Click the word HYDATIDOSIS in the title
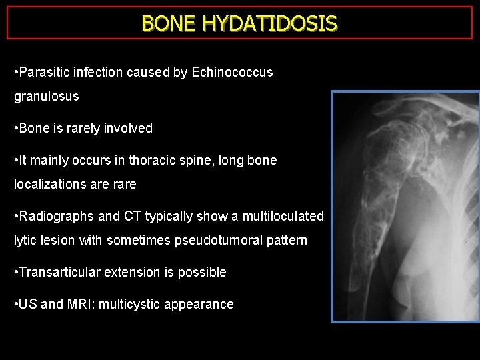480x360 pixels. click(269, 23)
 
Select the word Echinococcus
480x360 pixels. click(232, 72)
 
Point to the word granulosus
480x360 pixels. click(47, 96)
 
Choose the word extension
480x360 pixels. click(130, 272)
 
